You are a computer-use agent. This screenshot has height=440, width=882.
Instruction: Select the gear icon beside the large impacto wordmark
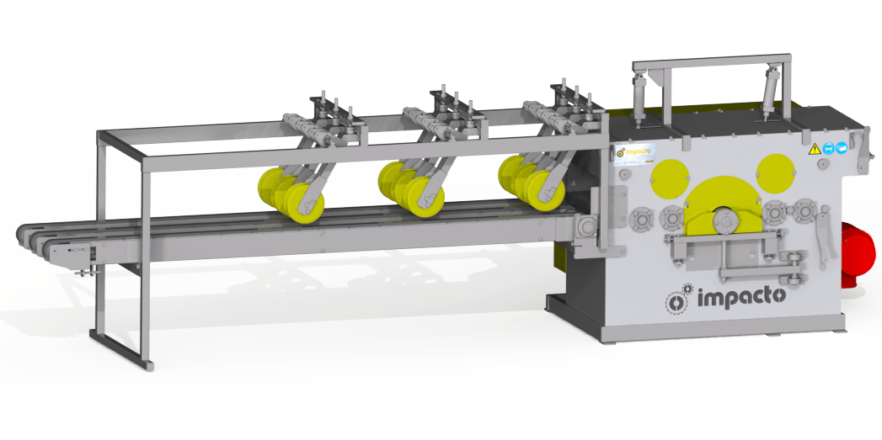680,298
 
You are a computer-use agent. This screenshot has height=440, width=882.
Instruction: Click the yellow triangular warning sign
814,149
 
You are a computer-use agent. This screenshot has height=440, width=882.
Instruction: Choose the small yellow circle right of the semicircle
776,167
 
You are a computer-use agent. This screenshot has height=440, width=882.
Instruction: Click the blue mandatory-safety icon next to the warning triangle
831,147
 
